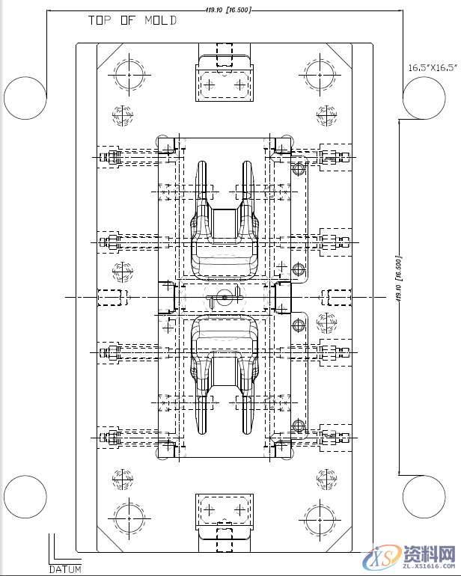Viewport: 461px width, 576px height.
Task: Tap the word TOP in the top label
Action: [100, 20]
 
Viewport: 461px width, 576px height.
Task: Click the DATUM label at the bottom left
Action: [65, 569]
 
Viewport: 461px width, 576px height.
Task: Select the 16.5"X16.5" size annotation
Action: [432, 67]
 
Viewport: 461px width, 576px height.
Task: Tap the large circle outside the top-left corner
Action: [25, 98]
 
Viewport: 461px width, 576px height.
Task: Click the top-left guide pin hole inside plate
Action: [129, 75]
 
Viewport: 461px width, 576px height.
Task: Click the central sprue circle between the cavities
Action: [224, 297]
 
